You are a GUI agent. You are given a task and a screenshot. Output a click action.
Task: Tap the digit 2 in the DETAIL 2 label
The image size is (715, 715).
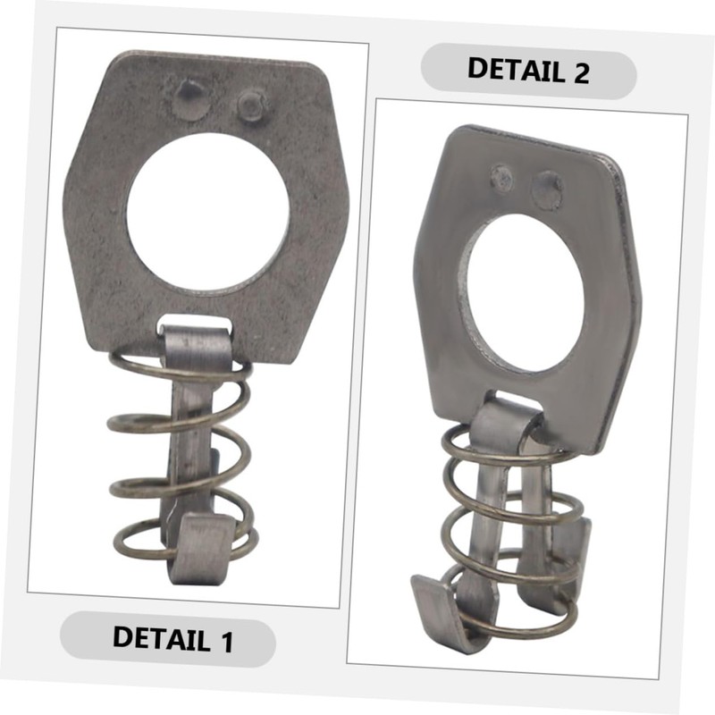pos(579,71)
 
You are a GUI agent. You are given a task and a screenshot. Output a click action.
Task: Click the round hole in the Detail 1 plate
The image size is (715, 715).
pos(207,212)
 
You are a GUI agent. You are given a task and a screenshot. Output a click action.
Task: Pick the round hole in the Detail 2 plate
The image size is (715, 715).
pos(522,293)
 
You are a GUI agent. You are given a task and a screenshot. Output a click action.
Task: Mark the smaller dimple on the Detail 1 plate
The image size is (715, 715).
pos(251,105)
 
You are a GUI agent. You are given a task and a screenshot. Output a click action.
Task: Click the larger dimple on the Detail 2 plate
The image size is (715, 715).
pos(546,190)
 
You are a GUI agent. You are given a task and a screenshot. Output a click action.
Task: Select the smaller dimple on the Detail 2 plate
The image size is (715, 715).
pos(502,178)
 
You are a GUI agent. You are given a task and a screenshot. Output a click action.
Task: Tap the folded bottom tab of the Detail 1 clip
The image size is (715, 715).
pos(200,547)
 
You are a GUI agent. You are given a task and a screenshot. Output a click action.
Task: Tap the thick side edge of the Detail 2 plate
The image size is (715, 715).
pos(632,295)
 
